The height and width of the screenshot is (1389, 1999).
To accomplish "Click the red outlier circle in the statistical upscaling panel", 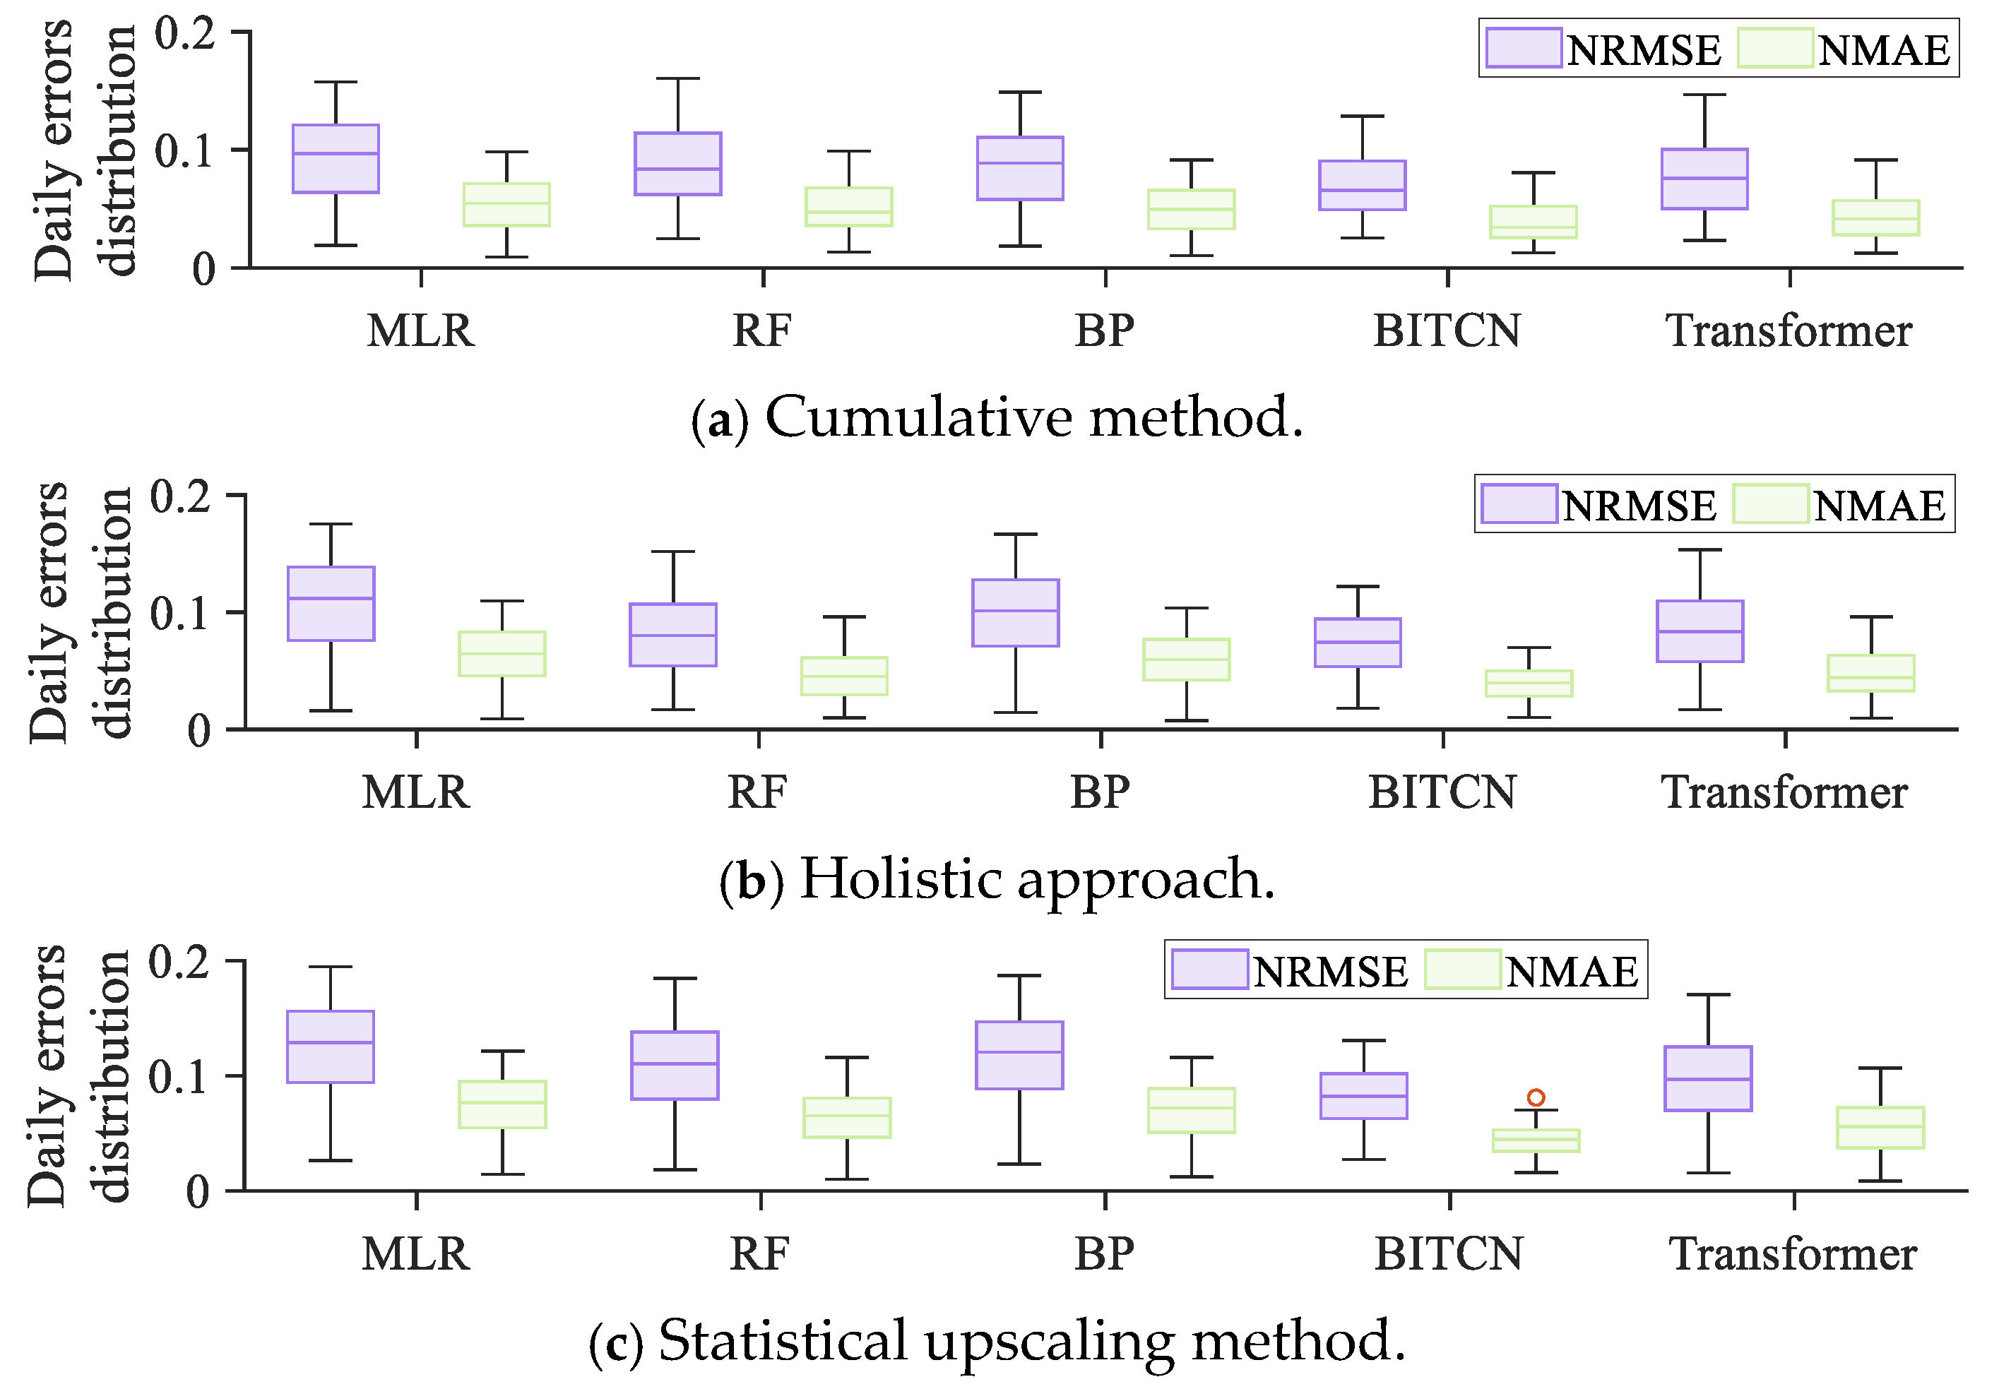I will pos(1536,1097).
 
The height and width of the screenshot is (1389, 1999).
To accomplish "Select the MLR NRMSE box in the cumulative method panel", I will pos(336,158).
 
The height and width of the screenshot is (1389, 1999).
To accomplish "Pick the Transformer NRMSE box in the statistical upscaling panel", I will pos(1708,1078).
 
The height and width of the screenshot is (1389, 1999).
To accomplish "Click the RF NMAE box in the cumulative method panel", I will pos(848,207).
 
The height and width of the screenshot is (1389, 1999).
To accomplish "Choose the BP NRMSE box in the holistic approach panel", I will pos(1015,613).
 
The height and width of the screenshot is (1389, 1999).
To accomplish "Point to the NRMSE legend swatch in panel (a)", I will pos(1523,48).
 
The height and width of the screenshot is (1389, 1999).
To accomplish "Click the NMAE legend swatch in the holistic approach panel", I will pos(1770,504).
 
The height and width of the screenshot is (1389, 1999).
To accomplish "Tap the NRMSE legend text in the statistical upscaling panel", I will pos(1329,971).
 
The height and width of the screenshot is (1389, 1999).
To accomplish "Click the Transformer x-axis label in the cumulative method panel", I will pos(1789,330).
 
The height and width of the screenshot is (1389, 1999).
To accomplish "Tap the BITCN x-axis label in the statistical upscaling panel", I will pos(1449,1254).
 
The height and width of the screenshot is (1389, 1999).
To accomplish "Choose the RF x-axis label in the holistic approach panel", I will pos(757,792).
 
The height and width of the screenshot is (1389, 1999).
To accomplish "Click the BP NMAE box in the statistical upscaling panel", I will pos(1191,1109).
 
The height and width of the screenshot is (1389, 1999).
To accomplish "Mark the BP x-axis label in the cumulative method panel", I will pos(1104,330).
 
